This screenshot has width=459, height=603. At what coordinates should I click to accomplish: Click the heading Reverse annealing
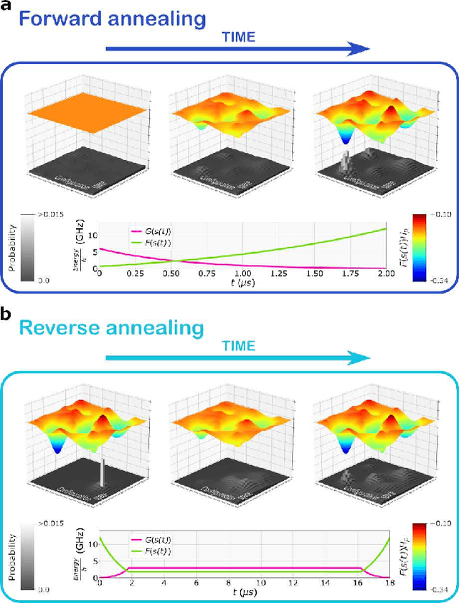pyautogui.click(x=111, y=328)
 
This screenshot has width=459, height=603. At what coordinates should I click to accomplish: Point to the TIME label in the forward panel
pyautogui.click(x=237, y=36)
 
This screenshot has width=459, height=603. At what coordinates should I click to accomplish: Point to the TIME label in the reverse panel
pyautogui.click(x=237, y=346)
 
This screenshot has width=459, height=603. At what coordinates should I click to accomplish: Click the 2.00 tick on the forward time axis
pyautogui.click(x=386, y=274)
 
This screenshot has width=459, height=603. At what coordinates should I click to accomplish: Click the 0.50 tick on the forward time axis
pyautogui.click(x=171, y=274)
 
